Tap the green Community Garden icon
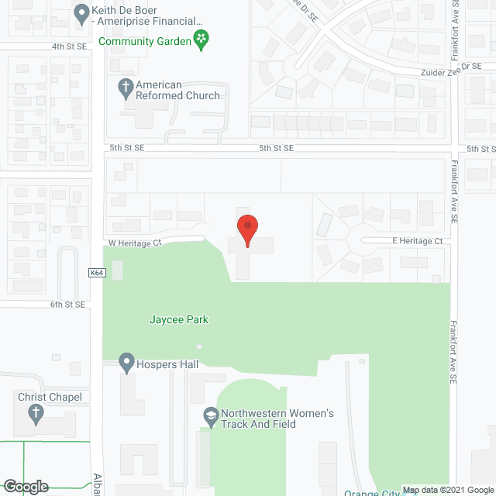pos(201,40)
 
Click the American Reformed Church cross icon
pos(125,89)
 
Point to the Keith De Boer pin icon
pos(81,13)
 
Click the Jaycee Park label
pos(179,319)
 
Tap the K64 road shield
pos(97,273)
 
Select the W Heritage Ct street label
pos(135,243)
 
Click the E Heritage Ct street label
pos(417,242)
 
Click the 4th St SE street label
pos(68,46)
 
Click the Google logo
pos(25,487)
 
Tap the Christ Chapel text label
pos(49,397)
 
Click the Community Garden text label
pos(144,41)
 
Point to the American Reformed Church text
pos(177,90)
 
